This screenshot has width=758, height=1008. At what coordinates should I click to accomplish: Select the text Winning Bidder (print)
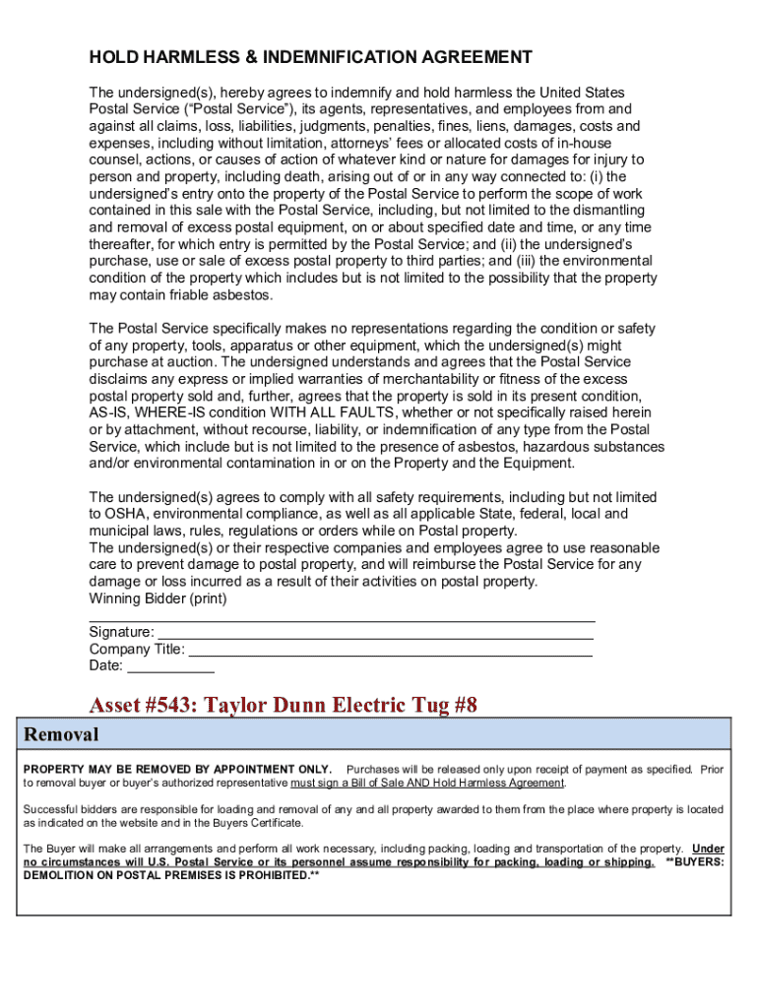tap(158, 598)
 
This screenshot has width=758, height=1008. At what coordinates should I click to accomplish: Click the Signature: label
tap(121, 632)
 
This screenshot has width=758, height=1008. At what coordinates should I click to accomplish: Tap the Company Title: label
tap(136, 649)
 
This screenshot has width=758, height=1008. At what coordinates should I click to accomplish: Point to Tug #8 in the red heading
tap(443, 706)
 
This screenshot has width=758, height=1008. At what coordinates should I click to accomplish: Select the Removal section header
tap(61, 734)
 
